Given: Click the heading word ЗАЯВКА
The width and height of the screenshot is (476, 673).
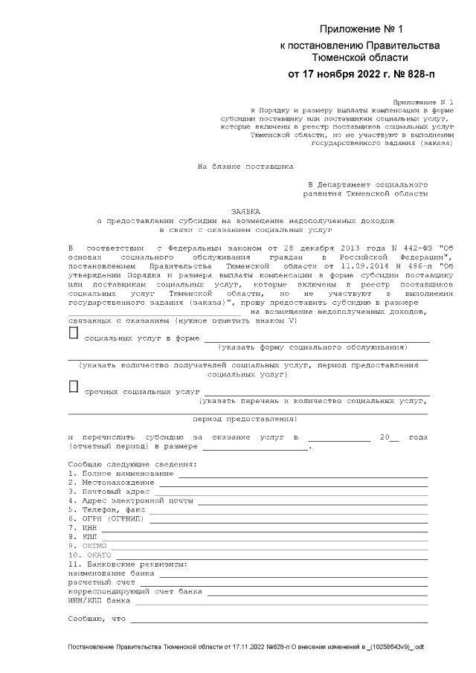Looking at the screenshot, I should coord(245,210).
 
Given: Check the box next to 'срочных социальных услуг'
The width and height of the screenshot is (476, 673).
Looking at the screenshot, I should coord(73,386).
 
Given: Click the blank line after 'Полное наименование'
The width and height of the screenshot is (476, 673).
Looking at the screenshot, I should coord(301,474).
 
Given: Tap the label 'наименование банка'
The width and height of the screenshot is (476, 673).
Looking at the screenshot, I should coord(111,573).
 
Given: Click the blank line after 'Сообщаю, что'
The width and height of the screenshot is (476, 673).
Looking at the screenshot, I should coord(280,619).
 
